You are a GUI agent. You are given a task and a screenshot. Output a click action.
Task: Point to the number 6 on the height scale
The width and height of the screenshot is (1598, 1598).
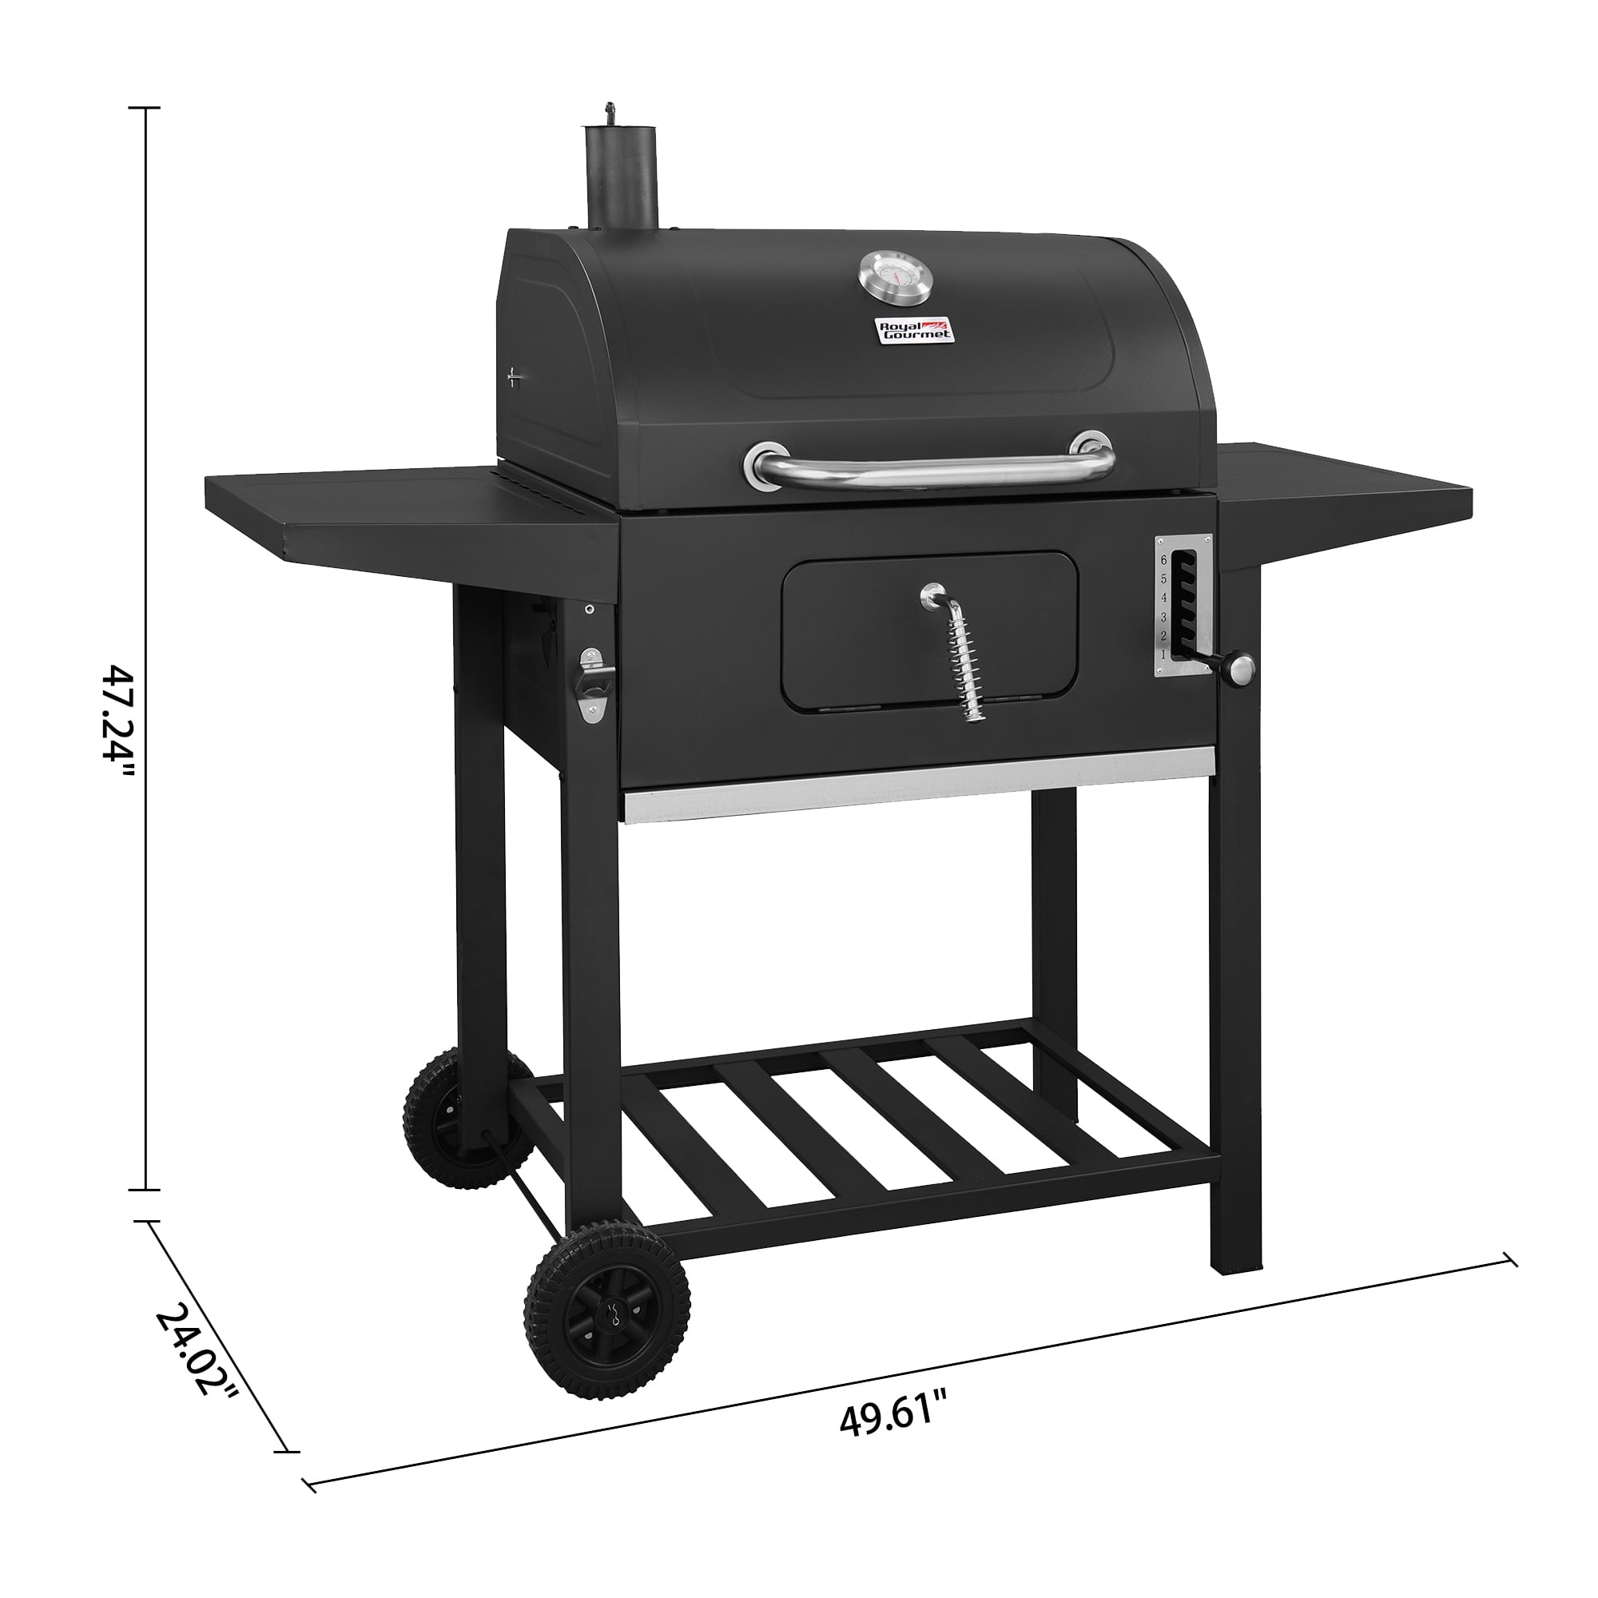coord(1164,560)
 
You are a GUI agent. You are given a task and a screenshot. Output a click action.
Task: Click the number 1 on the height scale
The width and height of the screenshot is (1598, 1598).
coord(1164,654)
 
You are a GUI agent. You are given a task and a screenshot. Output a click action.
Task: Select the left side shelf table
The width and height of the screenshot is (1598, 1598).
coord(397,513)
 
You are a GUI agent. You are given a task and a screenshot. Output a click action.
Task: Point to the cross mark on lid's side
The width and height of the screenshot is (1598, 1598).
coord(515,378)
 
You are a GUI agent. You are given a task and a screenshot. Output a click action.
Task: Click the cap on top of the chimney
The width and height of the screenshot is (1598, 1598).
coord(611,111)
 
